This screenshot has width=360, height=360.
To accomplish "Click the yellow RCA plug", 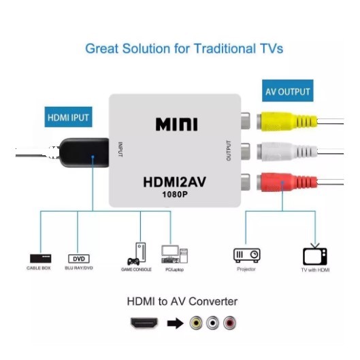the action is coord(287,121).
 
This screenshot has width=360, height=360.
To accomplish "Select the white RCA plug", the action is coord(287,152).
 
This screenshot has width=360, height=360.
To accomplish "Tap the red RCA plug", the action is coord(287,182).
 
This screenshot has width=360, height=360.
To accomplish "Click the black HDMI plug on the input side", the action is coord(84,152).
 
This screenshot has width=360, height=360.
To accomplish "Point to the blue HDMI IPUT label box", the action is coord(69,117).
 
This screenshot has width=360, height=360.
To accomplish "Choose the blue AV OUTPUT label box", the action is coord(288,91).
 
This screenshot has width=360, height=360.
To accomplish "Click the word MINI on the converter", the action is coord(176,125).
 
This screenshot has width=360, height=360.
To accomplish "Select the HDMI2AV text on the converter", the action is coord(174,182).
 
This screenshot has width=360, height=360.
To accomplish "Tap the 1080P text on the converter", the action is coord(175,195).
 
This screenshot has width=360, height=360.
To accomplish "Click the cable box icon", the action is coord(41,259).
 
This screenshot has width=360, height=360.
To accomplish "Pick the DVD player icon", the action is coord(79,259).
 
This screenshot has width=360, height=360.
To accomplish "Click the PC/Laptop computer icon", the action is coord(174,254).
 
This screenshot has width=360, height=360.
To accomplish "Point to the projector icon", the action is coord(247,255).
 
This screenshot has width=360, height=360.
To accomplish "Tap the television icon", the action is coord(315,255).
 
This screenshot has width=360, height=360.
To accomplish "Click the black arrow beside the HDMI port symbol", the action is coord(176,323).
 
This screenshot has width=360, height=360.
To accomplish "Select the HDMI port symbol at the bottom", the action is coord(144,323).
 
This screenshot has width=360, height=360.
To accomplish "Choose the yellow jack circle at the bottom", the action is coord(196,323).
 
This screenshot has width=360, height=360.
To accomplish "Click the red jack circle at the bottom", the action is coord(229,323).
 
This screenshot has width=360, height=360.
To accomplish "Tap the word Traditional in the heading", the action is coord(225,49).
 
